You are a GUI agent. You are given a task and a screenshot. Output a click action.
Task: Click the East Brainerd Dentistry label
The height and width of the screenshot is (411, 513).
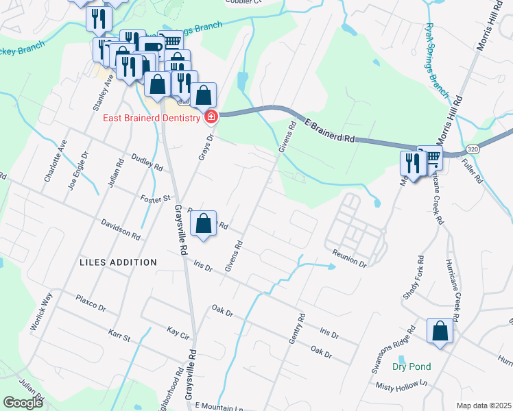coord(152,118)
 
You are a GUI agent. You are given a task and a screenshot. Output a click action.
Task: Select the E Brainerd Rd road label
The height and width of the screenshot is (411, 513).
coord(331,130)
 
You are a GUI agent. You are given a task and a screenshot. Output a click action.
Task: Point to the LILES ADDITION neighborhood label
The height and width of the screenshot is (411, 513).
coord(118,262)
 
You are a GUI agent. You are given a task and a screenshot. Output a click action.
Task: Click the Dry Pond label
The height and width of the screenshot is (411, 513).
coord(411,366)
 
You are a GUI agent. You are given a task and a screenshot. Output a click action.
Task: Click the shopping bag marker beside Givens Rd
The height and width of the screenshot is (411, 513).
coord(204,223)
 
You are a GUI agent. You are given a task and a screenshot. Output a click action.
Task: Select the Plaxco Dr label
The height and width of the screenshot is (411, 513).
coord(91,303)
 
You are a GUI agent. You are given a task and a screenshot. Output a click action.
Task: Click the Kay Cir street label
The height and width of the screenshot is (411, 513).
coord(178,331)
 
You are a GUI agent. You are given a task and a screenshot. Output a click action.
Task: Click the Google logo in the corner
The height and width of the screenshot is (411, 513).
coord(23,402)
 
